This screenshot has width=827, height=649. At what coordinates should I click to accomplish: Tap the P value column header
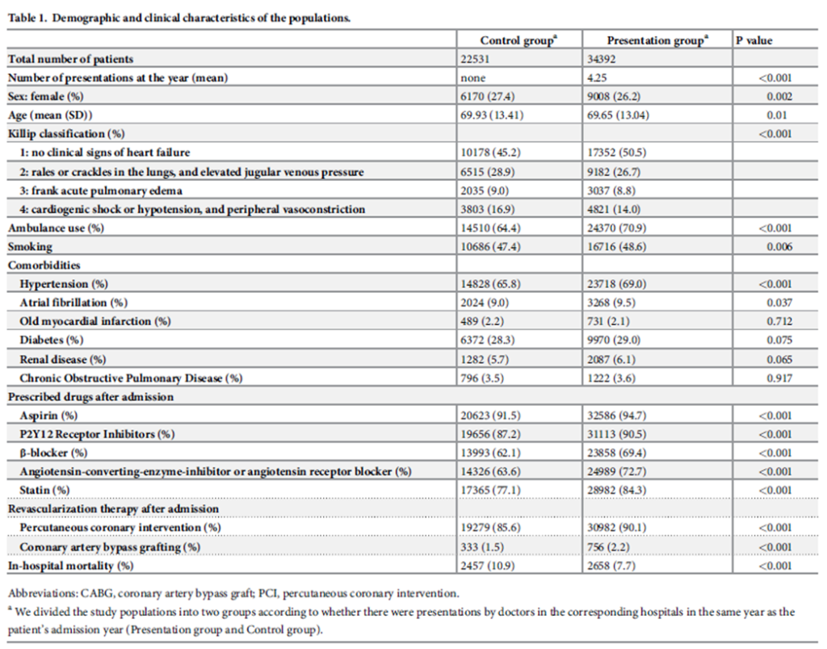(753, 40)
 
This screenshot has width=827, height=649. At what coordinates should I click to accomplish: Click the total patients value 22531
(476, 59)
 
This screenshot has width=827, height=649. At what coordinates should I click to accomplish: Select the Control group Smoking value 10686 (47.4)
(495, 246)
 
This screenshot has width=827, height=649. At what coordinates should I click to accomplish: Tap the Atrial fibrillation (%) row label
(73, 303)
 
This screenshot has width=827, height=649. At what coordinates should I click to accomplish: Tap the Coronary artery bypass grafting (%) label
(110, 546)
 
